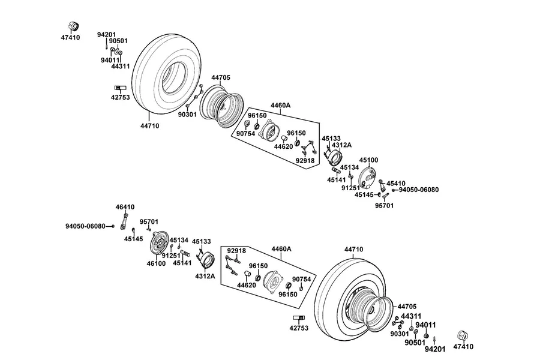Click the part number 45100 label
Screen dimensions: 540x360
(x=368, y=160)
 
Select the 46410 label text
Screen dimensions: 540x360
(x=125, y=207)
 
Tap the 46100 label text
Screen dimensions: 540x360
(x=156, y=263)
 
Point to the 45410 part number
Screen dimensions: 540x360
(x=396, y=184)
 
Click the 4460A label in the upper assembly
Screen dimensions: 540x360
(x=280, y=106)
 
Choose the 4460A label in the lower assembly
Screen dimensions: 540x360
(x=281, y=249)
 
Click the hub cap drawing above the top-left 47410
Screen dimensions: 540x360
(x=73, y=26)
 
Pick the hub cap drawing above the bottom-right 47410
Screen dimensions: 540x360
(x=463, y=335)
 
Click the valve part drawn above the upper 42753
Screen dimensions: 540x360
(x=120, y=87)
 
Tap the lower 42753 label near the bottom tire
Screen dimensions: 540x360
(x=299, y=328)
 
